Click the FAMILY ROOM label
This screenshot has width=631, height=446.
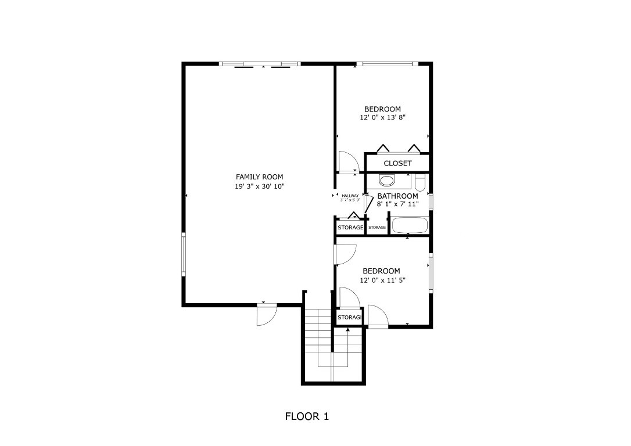260,177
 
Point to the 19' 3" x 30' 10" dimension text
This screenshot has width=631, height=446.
260,186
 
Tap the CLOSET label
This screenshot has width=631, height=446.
397,163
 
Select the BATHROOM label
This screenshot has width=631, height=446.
397,196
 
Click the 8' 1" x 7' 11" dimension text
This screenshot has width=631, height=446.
397,204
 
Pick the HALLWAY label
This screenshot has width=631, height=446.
350,196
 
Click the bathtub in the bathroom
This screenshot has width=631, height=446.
410,225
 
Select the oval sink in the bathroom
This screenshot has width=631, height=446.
386,179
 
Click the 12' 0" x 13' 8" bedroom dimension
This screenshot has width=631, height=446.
382,117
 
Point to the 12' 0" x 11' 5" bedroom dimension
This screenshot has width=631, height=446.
382,280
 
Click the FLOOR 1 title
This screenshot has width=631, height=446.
307,416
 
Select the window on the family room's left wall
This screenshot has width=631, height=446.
184,255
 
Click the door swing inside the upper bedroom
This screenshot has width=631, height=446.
348,161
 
